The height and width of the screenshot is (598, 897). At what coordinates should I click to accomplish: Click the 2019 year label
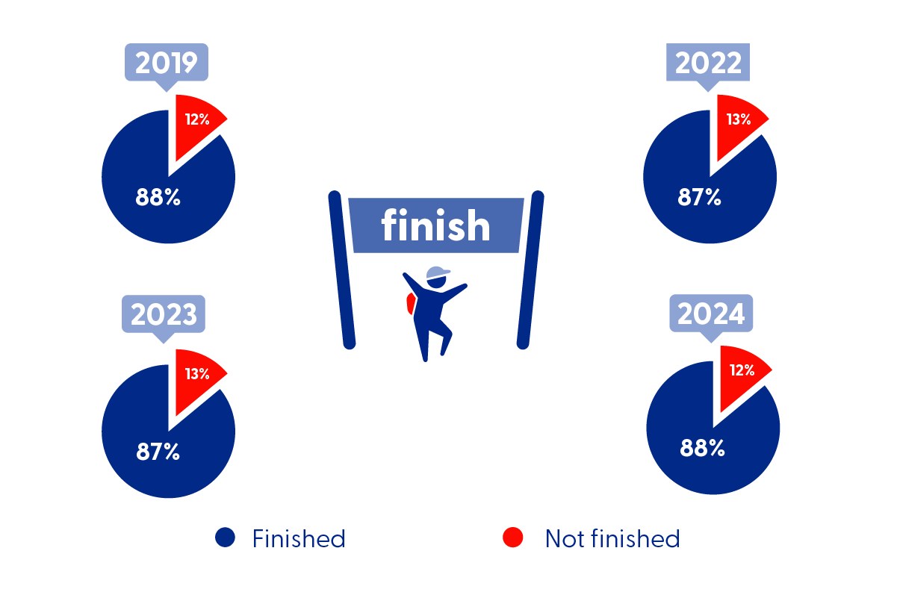pos(167,63)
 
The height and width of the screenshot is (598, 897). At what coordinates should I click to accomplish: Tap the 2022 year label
pos(708,63)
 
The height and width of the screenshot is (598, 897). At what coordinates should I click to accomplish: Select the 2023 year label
pos(164,314)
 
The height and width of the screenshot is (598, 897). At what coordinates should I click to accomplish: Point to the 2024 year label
pos(711,314)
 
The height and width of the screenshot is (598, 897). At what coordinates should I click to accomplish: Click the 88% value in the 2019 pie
pos(158,197)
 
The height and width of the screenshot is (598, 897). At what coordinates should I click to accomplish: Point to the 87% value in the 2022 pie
pos(699,197)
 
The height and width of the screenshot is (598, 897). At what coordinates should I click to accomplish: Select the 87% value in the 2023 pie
pos(158,452)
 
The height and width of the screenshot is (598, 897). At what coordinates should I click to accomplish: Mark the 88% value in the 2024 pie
pos(702,448)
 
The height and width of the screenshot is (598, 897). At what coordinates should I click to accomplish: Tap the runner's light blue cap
pos(437,273)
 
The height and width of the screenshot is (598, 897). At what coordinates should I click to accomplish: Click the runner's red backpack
pos(411,303)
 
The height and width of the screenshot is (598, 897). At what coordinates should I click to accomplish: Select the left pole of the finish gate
pos(341,270)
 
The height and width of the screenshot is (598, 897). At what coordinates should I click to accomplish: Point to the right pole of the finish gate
pos(530,270)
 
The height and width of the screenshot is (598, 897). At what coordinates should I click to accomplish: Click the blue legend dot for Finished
pos(225,538)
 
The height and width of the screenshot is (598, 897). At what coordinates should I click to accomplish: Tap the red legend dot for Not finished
pos(513,538)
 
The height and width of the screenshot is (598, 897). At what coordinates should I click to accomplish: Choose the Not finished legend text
pos(612,538)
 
